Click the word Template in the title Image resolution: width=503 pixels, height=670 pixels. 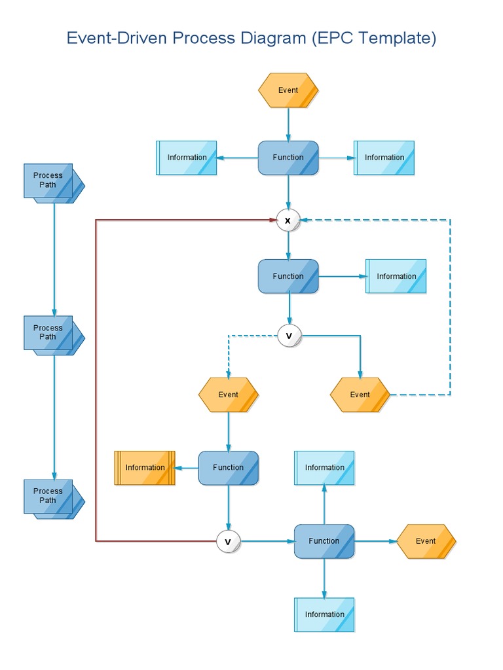pyautogui.click(x=397, y=38)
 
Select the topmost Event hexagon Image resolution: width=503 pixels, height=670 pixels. pyautogui.click(x=288, y=90)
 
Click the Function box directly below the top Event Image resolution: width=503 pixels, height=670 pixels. pyautogui.click(x=288, y=158)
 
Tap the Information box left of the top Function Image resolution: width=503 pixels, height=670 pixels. pyautogui.click(x=187, y=158)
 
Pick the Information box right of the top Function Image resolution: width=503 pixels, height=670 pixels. pyautogui.click(x=384, y=158)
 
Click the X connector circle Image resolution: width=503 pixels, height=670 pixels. pyautogui.click(x=288, y=220)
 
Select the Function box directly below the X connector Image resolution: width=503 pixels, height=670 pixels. pyautogui.click(x=288, y=276)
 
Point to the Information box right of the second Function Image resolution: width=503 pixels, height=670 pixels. pyautogui.click(x=396, y=276)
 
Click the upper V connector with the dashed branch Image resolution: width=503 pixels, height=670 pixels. pyautogui.click(x=289, y=336)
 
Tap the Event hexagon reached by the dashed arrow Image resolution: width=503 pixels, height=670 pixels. pyautogui.click(x=228, y=395)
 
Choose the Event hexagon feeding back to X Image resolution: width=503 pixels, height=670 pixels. pyautogui.click(x=360, y=395)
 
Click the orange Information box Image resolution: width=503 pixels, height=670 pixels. pyautogui.click(x=145, y=468)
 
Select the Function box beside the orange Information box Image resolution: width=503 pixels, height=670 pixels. pyautogui.click(x=228, y=468)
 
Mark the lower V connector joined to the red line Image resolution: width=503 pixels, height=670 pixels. pyautogui.click(x=228, y=542)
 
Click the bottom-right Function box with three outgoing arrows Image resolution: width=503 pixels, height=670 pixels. pyautogui.click(x=324, y=541)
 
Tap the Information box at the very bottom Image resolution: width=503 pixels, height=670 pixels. pyautogui.click(x=324, y=614)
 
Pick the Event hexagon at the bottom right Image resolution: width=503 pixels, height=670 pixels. pyautogui.click(x=426, y=541)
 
